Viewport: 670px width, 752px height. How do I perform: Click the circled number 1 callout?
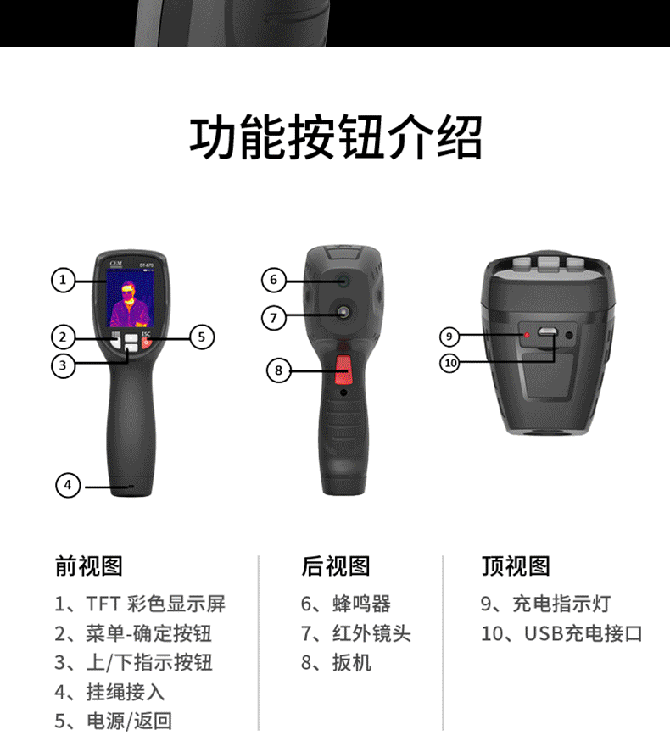63,280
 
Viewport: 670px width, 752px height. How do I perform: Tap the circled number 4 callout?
68,485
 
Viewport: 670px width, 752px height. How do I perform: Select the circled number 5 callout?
202,337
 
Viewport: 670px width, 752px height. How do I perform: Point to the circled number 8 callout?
279,370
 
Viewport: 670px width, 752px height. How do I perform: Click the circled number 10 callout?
449,363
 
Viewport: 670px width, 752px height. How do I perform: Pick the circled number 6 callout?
274,280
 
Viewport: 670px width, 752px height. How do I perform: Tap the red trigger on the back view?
343,370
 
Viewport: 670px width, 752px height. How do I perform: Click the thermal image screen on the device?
130,298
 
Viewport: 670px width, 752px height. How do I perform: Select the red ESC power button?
146,343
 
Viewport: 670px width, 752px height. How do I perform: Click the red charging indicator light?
527,335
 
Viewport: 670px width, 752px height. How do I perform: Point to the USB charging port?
546,331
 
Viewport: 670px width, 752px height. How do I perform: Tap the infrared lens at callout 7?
343,313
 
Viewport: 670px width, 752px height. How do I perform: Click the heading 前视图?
89,566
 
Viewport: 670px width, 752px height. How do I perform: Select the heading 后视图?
336,566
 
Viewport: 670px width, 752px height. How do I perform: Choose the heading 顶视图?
516,566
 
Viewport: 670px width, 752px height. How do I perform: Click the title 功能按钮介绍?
336,137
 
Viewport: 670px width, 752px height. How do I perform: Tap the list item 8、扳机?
336,663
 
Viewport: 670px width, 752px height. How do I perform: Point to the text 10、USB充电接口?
561,633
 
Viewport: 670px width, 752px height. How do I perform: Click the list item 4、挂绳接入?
109,692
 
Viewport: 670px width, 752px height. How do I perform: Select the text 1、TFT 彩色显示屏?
140,604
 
